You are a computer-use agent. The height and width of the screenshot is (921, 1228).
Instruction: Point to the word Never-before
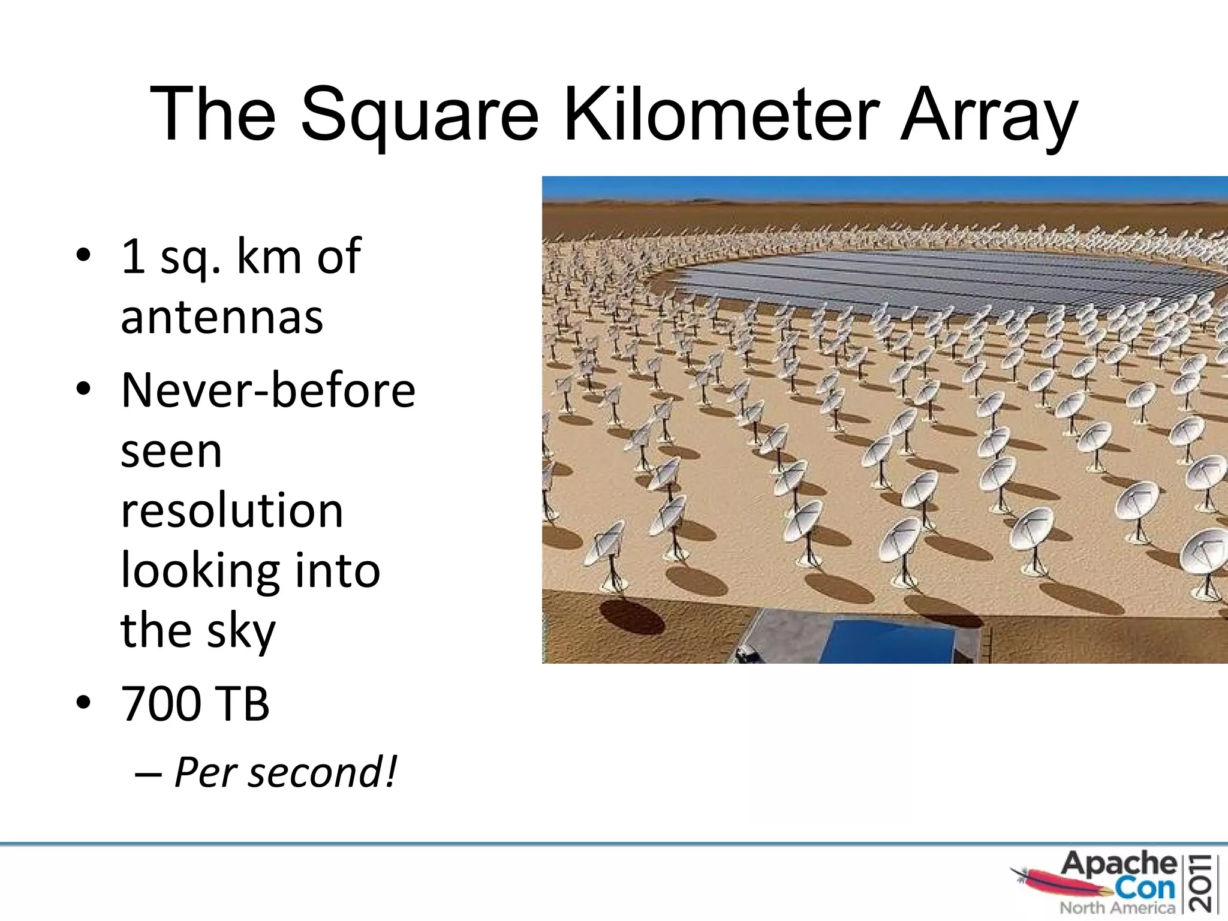pos(268,390)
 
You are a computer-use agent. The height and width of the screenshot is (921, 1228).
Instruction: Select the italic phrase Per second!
pos(285,772)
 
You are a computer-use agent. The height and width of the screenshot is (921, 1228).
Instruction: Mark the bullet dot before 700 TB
pos(83,702)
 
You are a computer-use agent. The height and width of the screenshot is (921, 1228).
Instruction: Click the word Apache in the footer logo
pos(1119,864)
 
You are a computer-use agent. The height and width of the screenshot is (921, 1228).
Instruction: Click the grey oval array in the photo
pos(947,279)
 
